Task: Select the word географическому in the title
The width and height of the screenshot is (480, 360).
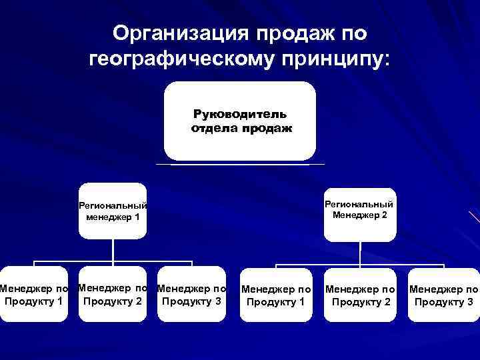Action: (x=178, y=61)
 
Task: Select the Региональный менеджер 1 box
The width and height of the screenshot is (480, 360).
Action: (x=113, y=211)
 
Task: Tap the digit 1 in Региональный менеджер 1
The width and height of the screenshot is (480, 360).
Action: (x=136, y=217)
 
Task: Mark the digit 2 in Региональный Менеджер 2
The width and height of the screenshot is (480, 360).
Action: (x=385, y=214)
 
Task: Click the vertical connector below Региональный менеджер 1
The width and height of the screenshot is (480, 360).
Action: (x=113, y=249)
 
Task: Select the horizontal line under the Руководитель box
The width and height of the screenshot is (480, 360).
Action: (x=240, y=164)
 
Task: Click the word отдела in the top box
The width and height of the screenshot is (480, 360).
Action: (x=213, y=128)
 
